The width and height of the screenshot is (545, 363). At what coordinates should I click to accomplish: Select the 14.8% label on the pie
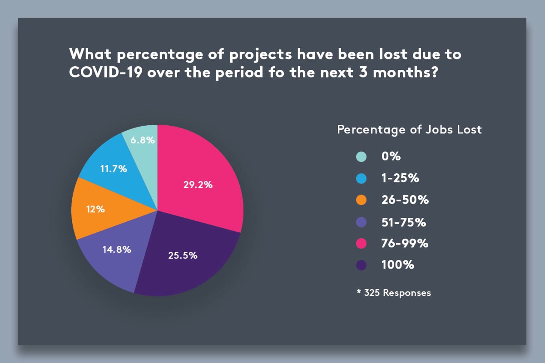point(118,249)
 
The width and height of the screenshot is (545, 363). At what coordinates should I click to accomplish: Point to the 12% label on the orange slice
point(95,209)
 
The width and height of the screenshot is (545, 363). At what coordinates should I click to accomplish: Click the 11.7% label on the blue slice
point(114,169)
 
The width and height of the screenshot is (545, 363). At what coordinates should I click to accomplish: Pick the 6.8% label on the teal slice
point(143,140)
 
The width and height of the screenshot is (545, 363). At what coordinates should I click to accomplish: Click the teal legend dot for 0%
point(361,157)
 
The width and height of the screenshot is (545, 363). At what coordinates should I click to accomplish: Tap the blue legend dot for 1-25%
point(361,178)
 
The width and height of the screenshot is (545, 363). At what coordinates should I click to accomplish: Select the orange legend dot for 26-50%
point(361,200)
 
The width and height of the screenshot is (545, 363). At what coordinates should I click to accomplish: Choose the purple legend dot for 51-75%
point(361,222)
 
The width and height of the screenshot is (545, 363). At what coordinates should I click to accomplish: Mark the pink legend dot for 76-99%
point(361,244)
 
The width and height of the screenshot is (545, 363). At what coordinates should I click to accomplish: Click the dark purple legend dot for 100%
point(361,265)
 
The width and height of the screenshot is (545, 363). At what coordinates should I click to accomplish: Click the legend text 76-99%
point(405,244)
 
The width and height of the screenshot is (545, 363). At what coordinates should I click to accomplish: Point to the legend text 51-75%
point(404,222)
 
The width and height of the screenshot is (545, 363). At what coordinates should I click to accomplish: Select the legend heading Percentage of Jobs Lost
point(409,130)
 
